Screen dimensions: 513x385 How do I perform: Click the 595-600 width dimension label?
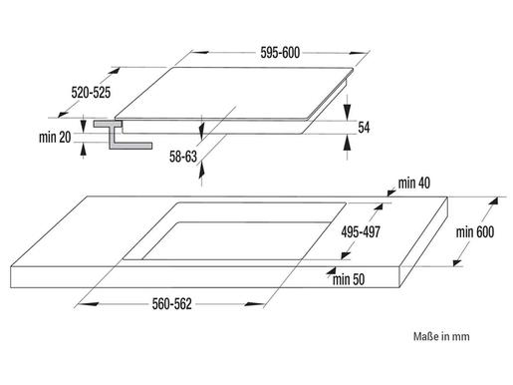point(280,53)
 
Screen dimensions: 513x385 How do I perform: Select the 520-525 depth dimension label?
point(91,93)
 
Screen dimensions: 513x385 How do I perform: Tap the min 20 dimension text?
point(55,137)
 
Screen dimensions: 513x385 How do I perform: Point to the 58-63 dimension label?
point(183,157)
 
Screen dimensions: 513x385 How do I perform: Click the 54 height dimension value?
point(364,128)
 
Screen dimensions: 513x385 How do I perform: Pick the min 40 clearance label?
point(414,183)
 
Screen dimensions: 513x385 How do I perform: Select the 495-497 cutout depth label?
point(361,232)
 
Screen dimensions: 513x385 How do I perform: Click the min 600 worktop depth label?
point(475,232)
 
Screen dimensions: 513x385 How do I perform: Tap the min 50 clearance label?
point(349,279)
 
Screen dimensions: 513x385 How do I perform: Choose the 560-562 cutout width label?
point(171,304)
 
